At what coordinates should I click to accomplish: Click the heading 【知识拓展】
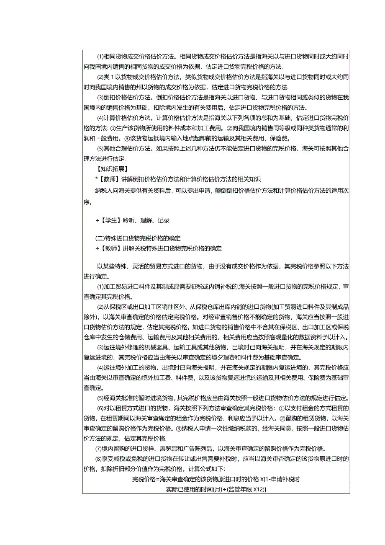click(110, 169)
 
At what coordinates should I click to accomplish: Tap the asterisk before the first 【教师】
click(97, 179)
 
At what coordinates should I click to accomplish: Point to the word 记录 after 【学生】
click(164, 220)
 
